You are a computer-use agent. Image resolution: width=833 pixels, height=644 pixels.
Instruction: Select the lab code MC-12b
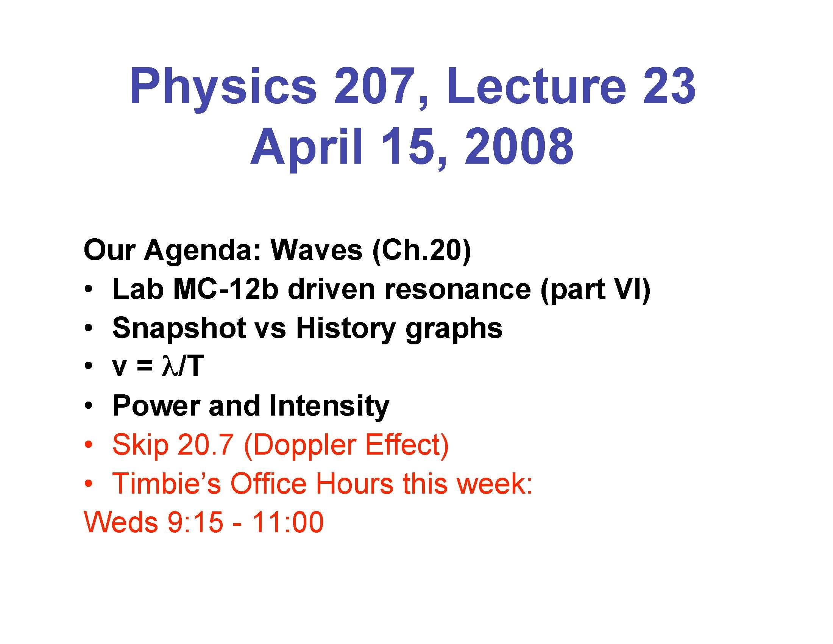225,289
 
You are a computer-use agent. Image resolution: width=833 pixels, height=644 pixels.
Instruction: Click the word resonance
457,289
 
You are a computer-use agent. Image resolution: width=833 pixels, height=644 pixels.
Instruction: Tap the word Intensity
329,406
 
